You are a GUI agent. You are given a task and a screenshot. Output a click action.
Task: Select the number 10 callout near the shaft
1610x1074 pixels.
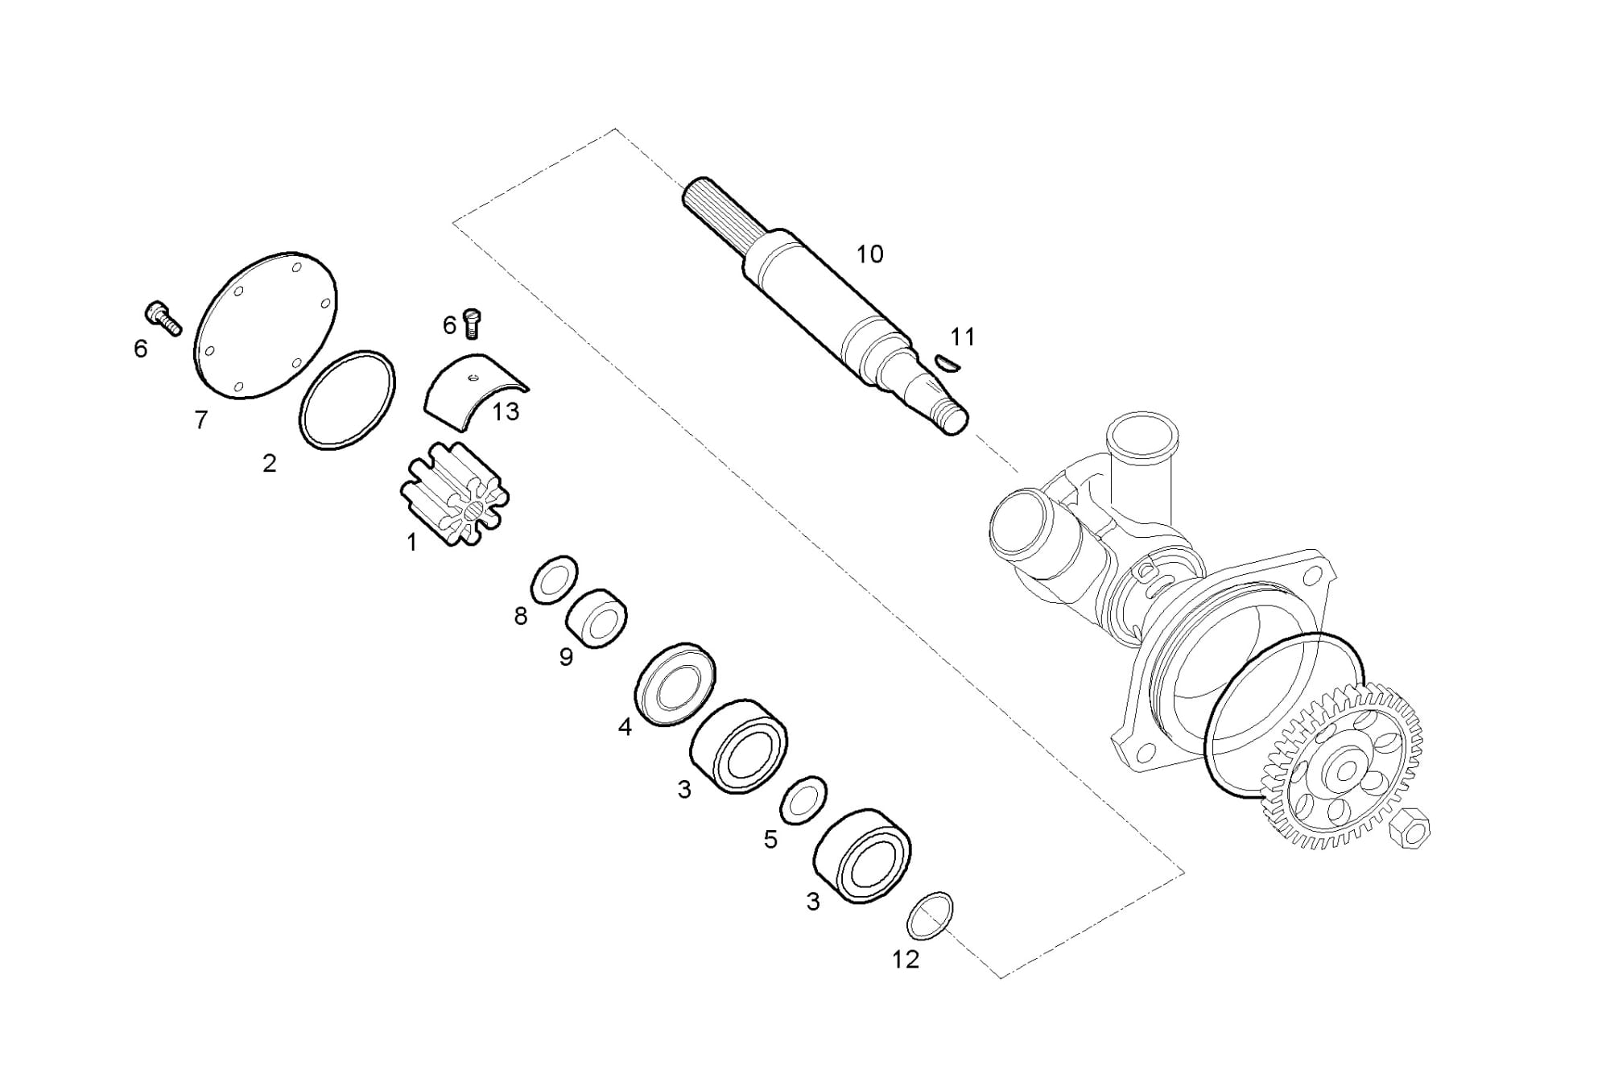pos(869,254)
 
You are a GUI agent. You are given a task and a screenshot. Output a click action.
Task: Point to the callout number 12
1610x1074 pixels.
pos(906,959)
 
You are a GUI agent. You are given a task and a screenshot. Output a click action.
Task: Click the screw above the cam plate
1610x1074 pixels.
pos(473,323)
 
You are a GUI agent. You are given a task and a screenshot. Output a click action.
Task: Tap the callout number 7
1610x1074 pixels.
pos(201,419)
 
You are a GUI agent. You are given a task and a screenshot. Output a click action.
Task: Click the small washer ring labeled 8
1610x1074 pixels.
pos(554,577)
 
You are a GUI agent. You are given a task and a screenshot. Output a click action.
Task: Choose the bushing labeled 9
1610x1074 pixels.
pos(597,618)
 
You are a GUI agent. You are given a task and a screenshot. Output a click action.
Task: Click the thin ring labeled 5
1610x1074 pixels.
pos(803,801)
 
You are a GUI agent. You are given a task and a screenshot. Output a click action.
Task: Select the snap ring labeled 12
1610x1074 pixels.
pos(930,915)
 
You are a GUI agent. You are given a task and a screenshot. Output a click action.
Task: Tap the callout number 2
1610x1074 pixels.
pos(270,463)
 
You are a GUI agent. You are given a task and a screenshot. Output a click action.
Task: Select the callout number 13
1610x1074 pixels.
pos(506,412)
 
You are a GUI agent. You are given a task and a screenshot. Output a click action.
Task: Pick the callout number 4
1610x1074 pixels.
pos(625,727)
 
